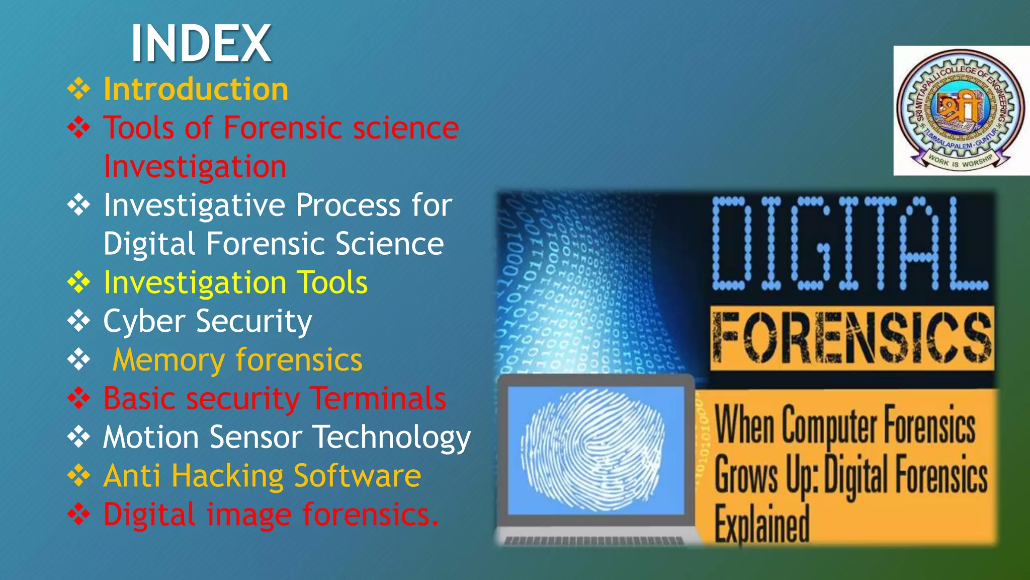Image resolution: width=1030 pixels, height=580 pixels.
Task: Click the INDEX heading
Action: point(201,44)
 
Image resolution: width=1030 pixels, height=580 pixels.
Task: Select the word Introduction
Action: point(196,89)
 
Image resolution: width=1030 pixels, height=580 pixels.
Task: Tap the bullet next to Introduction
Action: point(79,89)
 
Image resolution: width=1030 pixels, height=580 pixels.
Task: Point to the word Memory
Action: point(168,360)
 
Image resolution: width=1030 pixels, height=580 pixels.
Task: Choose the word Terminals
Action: point(378,399)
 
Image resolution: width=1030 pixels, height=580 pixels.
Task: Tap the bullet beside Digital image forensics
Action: point(79,514)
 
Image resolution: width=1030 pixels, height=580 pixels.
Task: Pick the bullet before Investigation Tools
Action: point(79,282)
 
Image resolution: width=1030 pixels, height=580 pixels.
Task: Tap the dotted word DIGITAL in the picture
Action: point(850,244)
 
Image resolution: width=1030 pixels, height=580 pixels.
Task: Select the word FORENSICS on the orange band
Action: point(852,338)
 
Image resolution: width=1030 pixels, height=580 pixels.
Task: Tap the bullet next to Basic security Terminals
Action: point(79,399)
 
